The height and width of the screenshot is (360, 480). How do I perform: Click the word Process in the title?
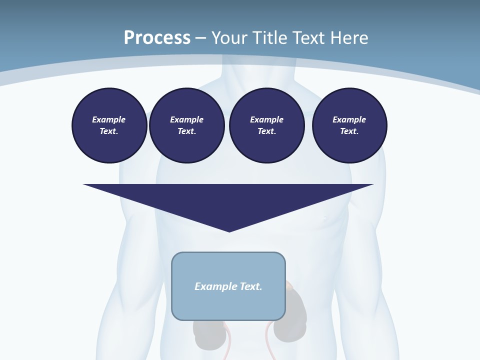click(157, 38)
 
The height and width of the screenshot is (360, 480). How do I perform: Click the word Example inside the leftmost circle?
click(109, 119)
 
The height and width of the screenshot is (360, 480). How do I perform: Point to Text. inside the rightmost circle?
click(349, 131)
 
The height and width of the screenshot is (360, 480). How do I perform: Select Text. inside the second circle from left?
click(186, 131)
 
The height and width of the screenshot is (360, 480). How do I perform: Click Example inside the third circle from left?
click(266, 119)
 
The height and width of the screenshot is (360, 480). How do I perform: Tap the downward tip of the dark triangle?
click(229, 230)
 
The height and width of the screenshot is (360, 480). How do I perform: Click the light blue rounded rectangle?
click(228, 305)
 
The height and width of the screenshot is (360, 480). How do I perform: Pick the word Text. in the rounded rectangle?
click(251, 286)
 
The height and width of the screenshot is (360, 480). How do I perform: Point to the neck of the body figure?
click(258, 75)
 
